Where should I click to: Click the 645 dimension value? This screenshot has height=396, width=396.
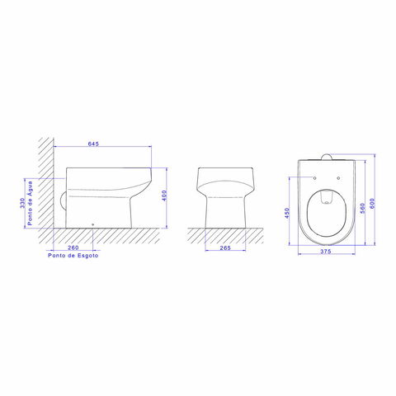point(93,144)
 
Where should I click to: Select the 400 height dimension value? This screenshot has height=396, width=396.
point(164,196)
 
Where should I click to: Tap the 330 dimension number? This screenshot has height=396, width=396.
point(22,203)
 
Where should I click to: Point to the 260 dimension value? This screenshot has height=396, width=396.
point(73,247)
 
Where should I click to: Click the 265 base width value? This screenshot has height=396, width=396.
point(225,247)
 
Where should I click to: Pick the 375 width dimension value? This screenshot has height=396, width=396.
point(326,251)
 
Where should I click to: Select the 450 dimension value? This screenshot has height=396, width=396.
point(287,213)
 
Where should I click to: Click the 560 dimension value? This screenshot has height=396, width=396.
point(362,208)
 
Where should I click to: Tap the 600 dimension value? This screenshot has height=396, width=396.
point(372,204)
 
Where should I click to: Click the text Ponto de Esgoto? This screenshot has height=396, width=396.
point(73,255)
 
